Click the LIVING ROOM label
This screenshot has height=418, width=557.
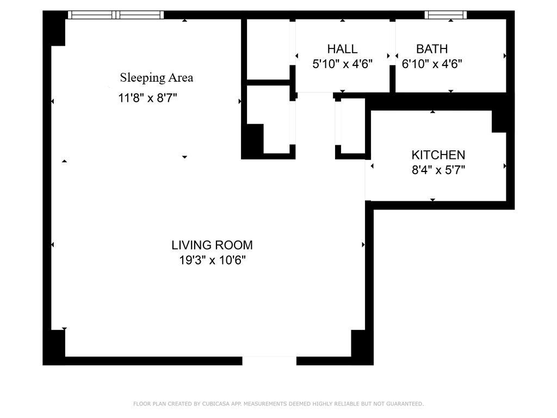[x=212, y=245]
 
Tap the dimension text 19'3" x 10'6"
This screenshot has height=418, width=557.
[x=213, y=260]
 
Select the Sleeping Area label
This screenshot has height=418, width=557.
[x=157, y=77]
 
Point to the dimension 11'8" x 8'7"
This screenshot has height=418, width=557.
[x=148, y=99]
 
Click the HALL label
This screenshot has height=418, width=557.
[x=342, y=49]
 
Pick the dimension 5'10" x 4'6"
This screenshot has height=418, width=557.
[x=342, y=64]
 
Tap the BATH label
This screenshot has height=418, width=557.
[x=432, y=49]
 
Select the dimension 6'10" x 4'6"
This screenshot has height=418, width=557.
[x=432, y=64]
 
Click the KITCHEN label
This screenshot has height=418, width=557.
[x=438, y=155]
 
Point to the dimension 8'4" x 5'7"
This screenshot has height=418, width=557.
[x=438, y=170]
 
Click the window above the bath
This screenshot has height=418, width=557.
[x=445, y=15]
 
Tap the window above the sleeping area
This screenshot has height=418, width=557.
[x=116, y=15]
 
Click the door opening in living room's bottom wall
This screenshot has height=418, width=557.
[x=269, y=361]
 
